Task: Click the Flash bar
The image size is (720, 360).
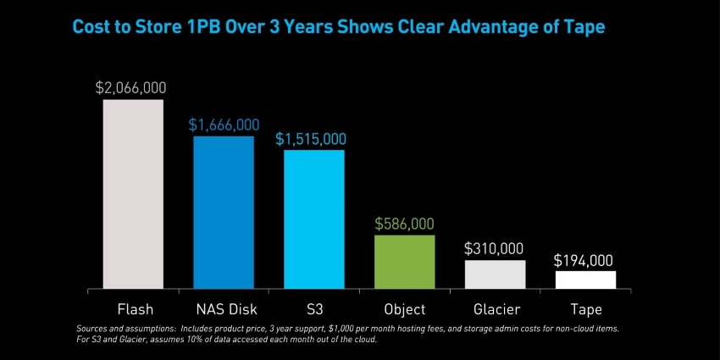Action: point(133,194)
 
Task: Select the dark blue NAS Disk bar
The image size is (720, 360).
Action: point(224,212)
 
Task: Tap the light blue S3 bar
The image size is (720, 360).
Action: point(314,219)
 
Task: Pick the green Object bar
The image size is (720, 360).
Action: point(405,262)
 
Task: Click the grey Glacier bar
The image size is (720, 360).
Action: point(496,274)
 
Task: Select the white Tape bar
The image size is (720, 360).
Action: point(585,280)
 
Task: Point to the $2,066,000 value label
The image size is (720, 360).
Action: point(131,87)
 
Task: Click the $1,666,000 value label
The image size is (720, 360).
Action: point(224,124)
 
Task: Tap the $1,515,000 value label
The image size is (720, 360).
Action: point(311,138)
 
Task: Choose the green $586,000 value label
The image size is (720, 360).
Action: point(404,224)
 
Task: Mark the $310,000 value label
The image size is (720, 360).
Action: point(494,249)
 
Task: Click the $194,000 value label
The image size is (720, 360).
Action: point(583,260)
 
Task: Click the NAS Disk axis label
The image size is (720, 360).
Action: point(224,309)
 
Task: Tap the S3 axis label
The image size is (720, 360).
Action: point(313,309)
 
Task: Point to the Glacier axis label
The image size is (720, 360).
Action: point(496,309)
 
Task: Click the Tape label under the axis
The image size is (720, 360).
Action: point(585,309)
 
